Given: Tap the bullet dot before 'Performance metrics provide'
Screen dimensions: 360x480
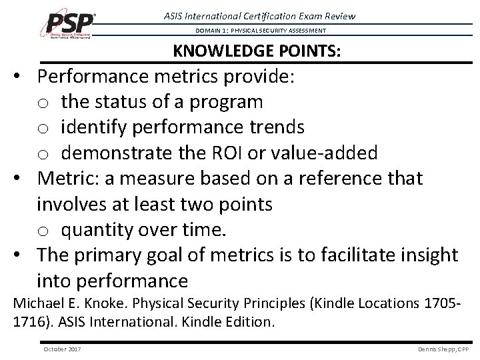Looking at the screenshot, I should pyautogui.click(x=23, y=77).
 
